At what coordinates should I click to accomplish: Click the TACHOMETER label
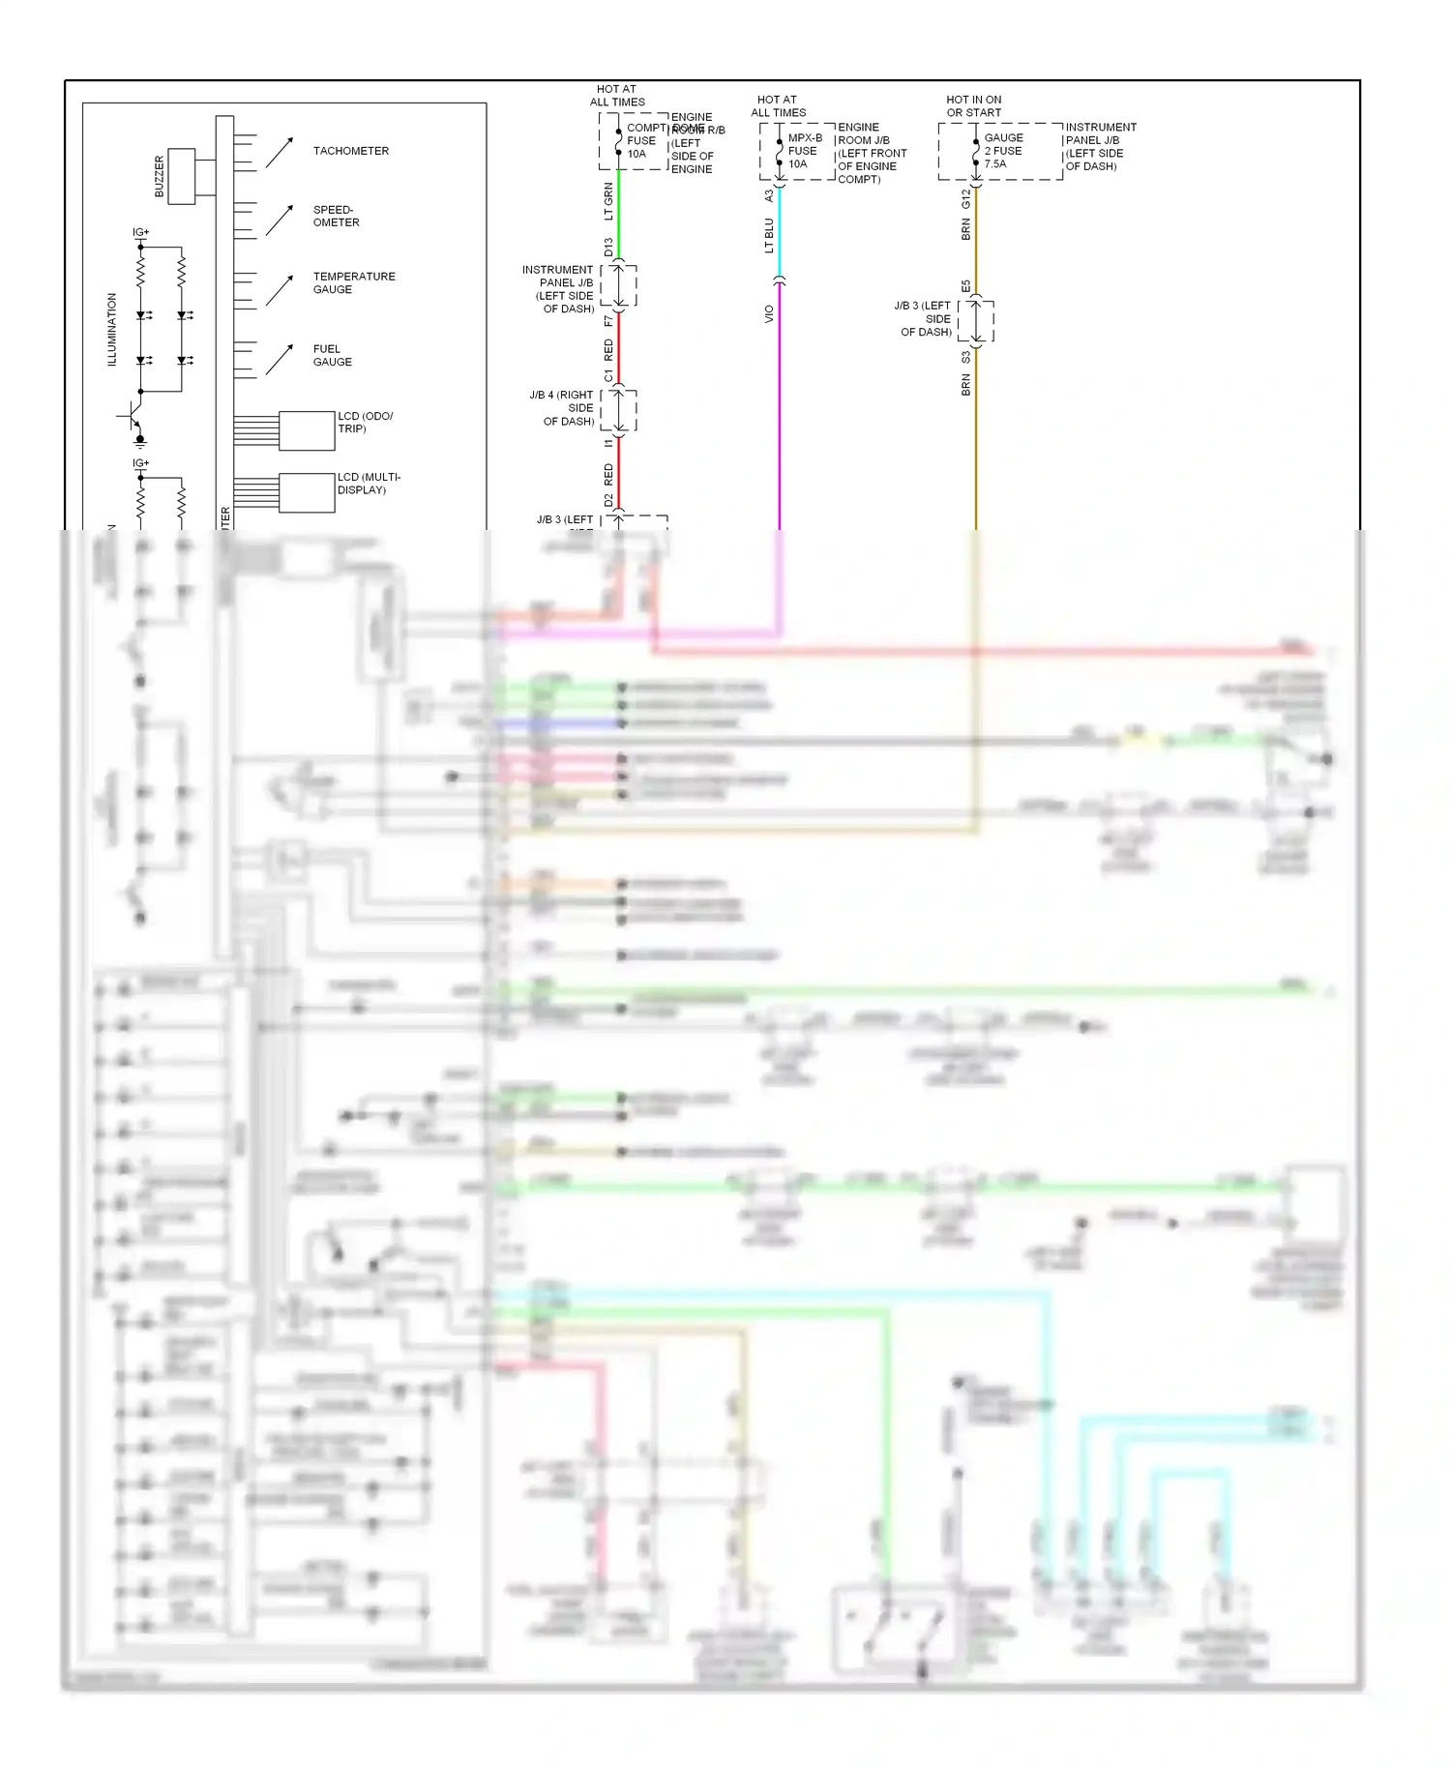350,151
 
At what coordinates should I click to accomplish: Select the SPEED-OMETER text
336,216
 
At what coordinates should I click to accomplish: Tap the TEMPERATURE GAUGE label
353,282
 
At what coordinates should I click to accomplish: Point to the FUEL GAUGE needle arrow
279,360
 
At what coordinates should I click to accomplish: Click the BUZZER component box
182,176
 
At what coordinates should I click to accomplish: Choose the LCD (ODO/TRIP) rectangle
307,430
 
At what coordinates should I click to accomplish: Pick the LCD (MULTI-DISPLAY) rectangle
307,492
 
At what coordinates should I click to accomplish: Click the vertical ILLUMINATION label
111,330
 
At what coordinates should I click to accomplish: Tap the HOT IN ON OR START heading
973,106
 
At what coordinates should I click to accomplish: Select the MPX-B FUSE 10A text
803,151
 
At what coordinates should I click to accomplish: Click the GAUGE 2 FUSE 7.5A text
1003,151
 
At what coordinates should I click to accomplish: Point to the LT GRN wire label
608,201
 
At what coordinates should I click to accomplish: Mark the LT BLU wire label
769,235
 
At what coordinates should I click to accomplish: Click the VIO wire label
769,313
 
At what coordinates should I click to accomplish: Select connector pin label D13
608,247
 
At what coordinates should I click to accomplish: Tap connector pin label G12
965,198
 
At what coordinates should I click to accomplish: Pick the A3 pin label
769,195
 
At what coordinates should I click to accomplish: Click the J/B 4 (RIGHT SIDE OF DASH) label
562,408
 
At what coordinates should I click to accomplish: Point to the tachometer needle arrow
279,152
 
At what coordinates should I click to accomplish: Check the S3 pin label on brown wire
965,358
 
